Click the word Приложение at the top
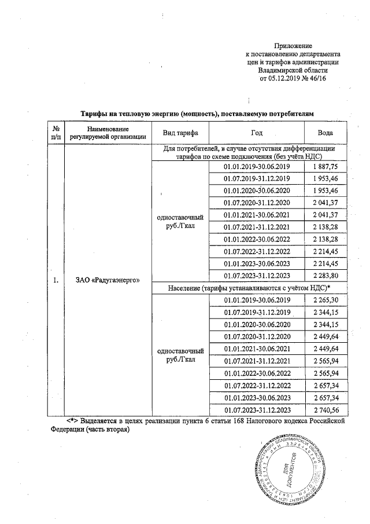click(293, 45)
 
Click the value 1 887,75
click(325, 167)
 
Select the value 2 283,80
click(325, 275)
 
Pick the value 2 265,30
click(325, 299)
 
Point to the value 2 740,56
click(325, 410)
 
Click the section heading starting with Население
click(249, 287)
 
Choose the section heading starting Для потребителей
click(249, 152)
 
